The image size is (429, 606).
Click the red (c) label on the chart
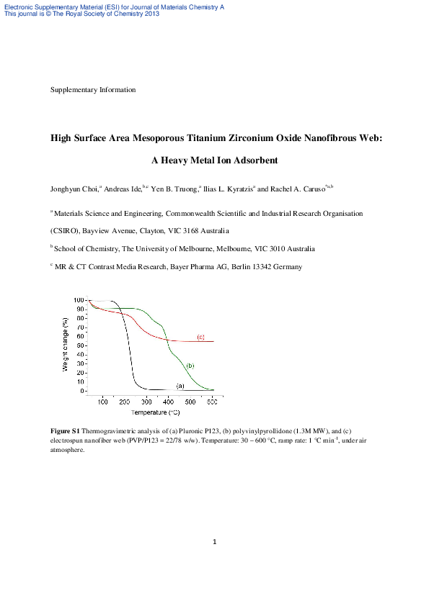(x=201, y=337)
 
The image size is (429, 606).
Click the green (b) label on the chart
(x=190, y=366)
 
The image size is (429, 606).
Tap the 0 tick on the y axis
(x=81, y=391)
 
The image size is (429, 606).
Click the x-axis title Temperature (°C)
(x=155, y=412)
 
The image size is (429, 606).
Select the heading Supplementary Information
(x=93, y=90)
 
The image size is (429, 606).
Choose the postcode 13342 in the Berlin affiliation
(x=261, y=267)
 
